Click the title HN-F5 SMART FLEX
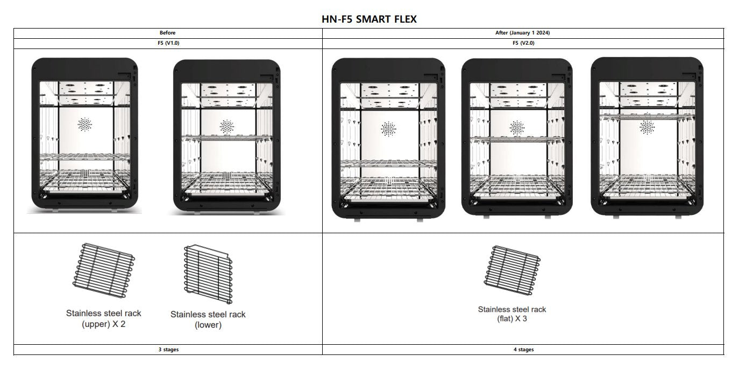[369, 19]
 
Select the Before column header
[168, 33]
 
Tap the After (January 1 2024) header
[522, 33]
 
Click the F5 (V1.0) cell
[168, 43]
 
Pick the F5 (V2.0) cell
[522, 43]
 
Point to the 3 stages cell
[168, 350]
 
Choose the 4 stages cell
[522, 350]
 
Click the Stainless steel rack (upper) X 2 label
[104, 318]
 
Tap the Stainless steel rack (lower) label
[208, 319]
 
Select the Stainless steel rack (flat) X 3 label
[512, 314]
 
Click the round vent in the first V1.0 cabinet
[85, 125]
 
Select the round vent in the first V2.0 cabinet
[388, 129]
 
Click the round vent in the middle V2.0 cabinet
[517, 128]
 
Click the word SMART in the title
[372, 19]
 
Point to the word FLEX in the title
[404, 19]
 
